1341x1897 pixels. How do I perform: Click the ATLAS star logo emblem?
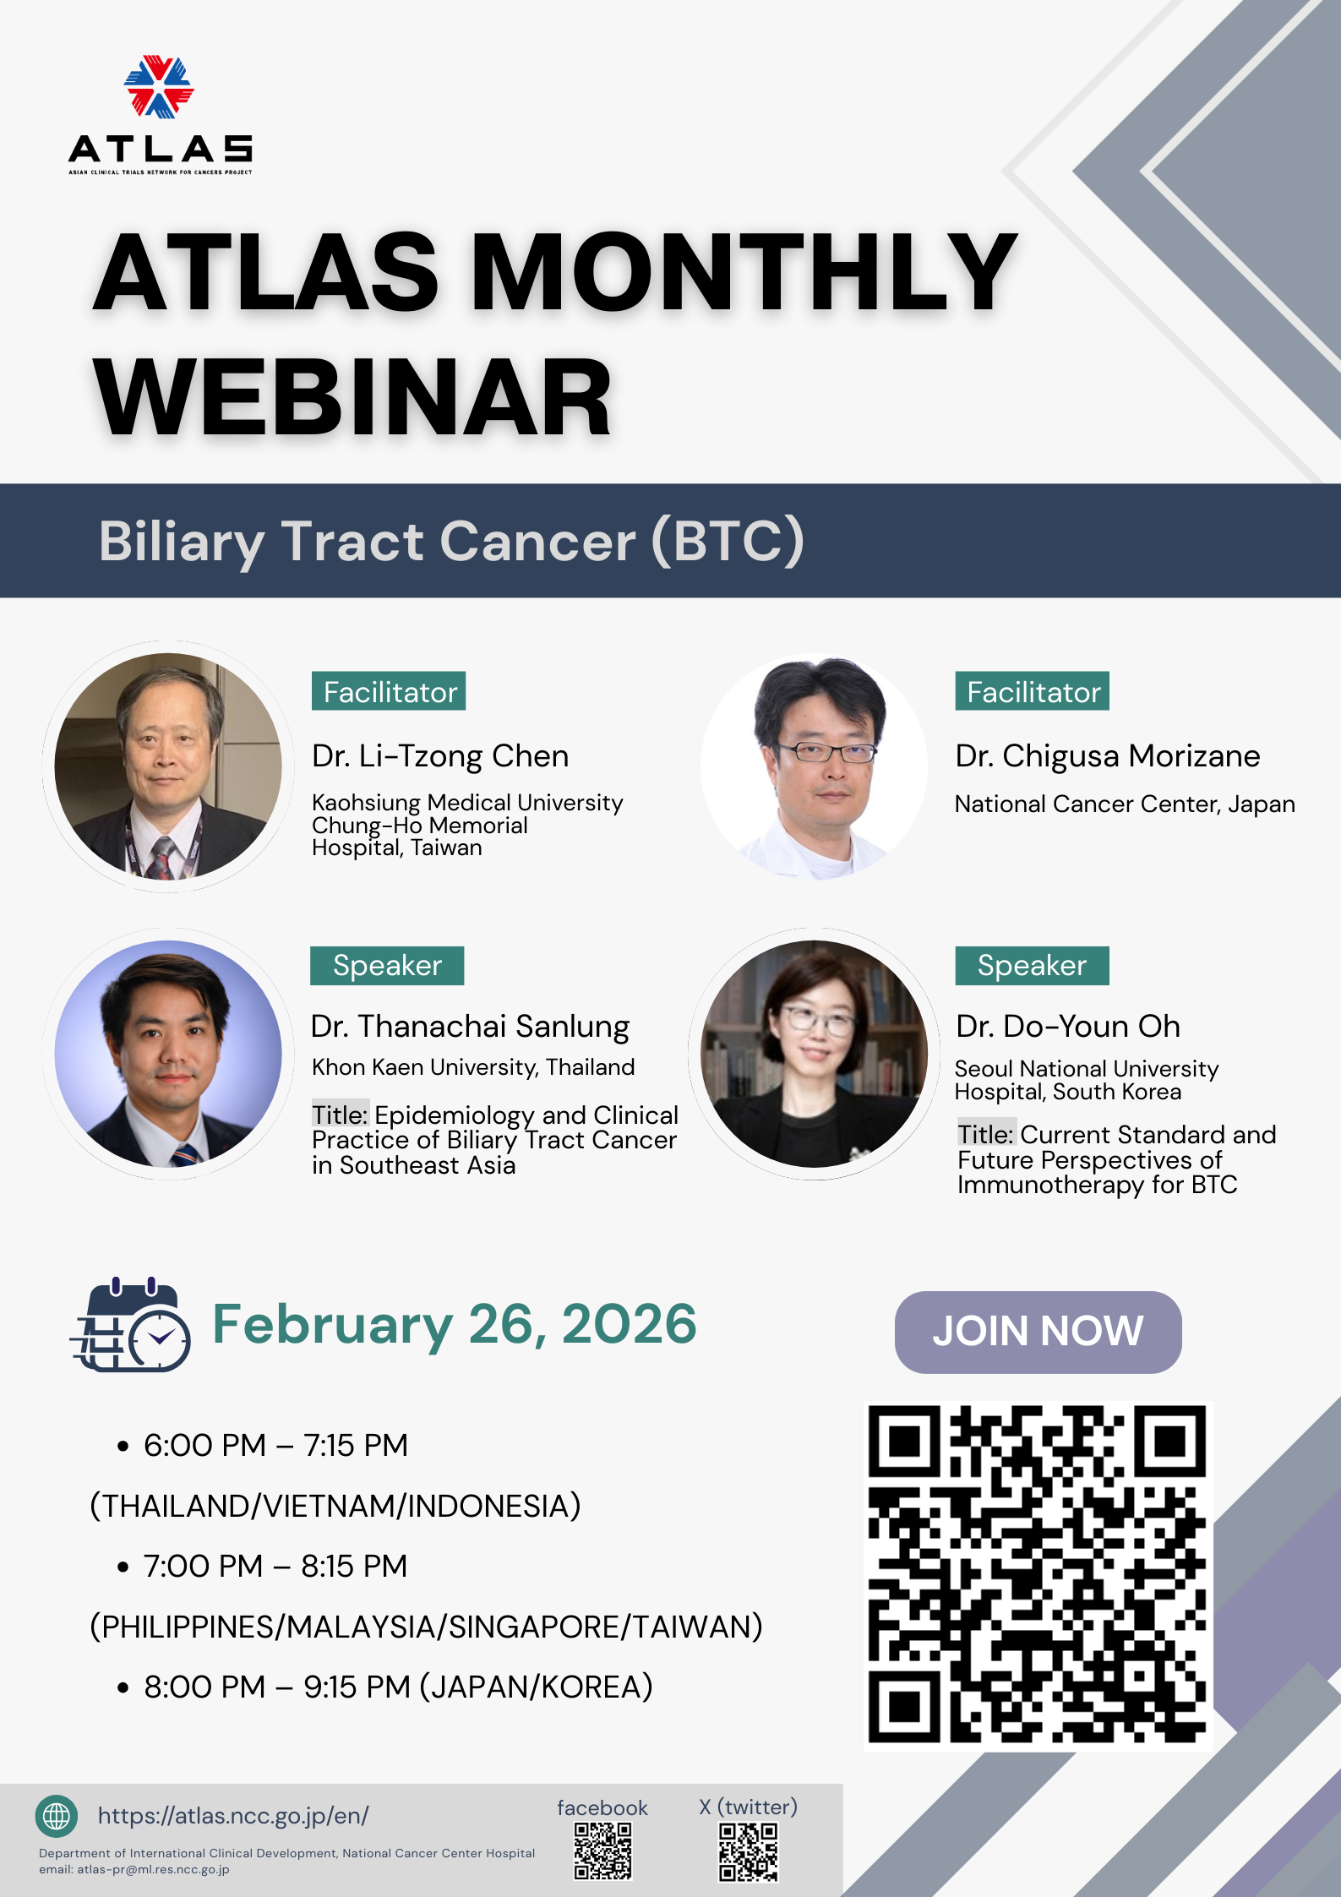[159, 86]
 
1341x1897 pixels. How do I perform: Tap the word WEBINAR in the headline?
[352, 396]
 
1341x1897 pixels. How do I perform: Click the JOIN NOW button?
[1038, 1332]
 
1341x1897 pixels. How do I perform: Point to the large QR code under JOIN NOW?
[1038, 1575]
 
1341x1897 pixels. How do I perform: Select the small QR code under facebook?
[602, 1851]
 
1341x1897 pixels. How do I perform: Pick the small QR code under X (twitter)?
[748, 1851]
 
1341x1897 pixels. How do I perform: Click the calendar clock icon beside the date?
[130, 1325]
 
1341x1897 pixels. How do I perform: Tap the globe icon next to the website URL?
[57, 1816]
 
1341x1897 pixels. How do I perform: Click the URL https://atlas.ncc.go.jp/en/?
[233, 1816]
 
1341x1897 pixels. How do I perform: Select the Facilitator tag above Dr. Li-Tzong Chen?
[389, 691]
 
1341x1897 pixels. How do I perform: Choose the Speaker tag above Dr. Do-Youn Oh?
[1032, 966]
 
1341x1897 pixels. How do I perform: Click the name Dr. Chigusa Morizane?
[1107, 756]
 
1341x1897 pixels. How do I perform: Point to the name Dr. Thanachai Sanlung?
[470, 1027]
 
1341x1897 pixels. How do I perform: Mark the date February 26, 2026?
[455, 1324]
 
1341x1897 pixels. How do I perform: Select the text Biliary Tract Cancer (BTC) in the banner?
[451, 541]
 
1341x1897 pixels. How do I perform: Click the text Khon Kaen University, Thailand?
[473, 1067]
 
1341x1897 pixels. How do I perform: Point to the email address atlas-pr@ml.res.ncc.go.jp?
[153, 1869]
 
